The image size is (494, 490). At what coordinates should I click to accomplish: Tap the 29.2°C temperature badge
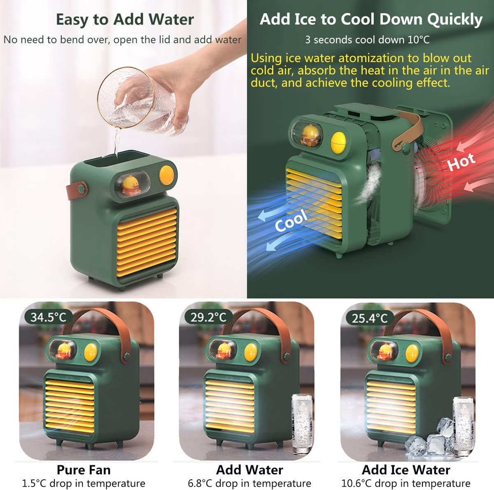point(208,318)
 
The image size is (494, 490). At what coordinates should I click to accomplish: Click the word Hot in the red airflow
point(461,161)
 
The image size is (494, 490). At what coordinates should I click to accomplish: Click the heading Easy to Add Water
point(125,19)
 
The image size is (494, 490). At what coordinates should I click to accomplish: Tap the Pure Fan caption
point(84,470)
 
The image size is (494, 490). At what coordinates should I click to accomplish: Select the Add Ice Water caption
point(406,470)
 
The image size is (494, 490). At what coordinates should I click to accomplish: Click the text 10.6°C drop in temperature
point(406,483)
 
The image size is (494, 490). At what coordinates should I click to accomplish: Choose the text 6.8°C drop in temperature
point(249,483)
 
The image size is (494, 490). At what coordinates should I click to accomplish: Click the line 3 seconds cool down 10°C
point(367,40)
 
